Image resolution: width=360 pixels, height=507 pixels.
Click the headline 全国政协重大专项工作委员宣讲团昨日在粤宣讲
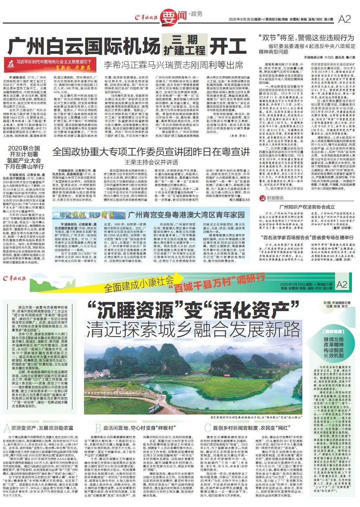point(151,152)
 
